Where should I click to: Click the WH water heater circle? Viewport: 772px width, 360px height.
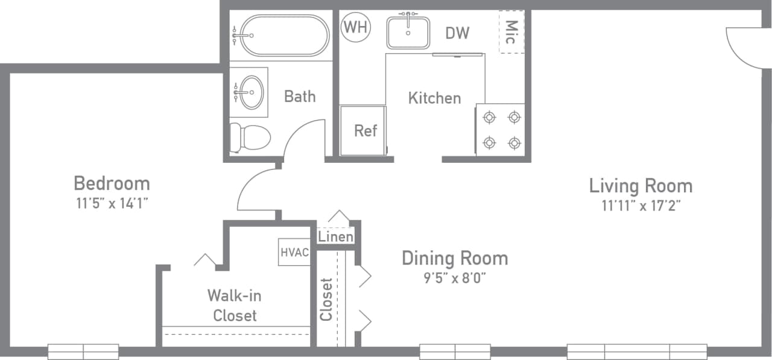point(356,27)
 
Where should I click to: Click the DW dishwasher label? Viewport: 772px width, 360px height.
point(457,33)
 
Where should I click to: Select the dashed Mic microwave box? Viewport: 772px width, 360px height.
point(511,31)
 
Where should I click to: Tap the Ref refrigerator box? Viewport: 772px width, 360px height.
point(364,130)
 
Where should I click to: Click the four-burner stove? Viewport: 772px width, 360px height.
point(501,129)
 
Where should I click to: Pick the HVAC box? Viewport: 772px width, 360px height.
point(294,252)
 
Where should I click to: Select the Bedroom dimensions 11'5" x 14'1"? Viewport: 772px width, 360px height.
point(112,203)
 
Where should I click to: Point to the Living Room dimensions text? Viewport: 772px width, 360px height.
point(641,206)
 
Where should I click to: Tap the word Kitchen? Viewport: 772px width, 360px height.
point(434,98)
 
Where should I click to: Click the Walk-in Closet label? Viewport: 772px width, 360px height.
point(235,305)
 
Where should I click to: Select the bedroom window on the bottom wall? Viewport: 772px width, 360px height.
point(83,351)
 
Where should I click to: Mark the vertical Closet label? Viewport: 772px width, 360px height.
point(326,299)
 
